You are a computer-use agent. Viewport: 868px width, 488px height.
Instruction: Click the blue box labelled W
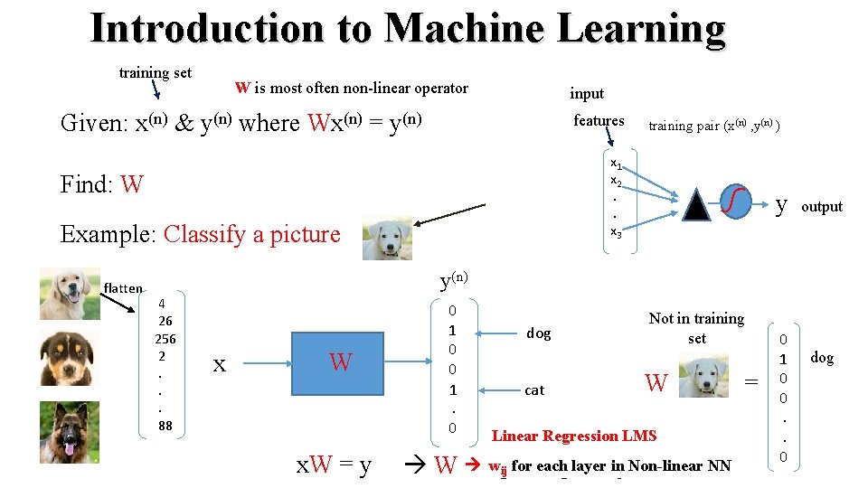[x=341, y=363]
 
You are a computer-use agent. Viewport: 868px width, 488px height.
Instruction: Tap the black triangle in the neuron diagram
[x=698, y=206]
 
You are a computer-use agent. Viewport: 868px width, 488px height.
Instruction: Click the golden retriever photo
[x=70, y=294]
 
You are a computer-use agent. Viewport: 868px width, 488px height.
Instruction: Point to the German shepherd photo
[x=70, y=432]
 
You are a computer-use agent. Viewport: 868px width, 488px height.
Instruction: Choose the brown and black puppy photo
[x=70, y=359]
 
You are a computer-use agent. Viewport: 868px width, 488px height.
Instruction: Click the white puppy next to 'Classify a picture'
[x=387, y=239]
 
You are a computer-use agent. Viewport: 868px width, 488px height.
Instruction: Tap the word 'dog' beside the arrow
[x=538, y=333]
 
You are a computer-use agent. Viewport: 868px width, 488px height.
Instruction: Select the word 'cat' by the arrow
[x=534, y=390]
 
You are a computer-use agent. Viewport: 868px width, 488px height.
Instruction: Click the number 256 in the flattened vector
[x=165, y=340]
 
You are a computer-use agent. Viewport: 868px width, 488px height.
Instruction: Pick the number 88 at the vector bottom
[x=165, y=426]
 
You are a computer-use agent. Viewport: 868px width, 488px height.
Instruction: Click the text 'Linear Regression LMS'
[x=574, y=436]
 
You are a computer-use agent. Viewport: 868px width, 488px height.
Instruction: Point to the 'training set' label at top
[x=156, y=72]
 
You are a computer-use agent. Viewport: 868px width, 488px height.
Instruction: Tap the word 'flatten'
[x=123, y=288]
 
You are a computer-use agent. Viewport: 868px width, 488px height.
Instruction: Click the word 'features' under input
[x=599, y=120]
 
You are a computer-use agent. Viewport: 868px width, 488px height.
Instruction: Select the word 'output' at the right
[x=822, y=207]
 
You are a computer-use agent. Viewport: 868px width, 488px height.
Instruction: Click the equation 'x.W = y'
[x=334, y=466]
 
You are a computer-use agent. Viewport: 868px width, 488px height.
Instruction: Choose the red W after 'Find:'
[x=131, y=185]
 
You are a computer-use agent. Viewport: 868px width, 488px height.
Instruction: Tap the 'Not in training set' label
[x=696, y=328]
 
